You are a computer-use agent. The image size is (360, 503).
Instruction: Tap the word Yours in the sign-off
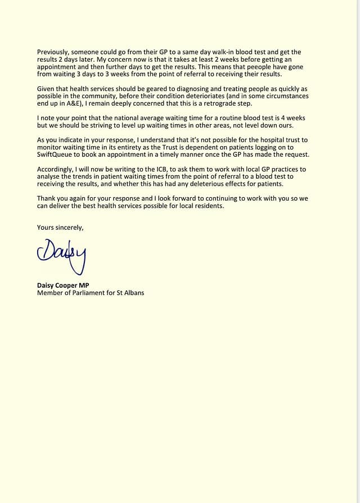click(47, 228)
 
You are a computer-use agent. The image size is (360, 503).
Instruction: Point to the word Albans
click(134, 292)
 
